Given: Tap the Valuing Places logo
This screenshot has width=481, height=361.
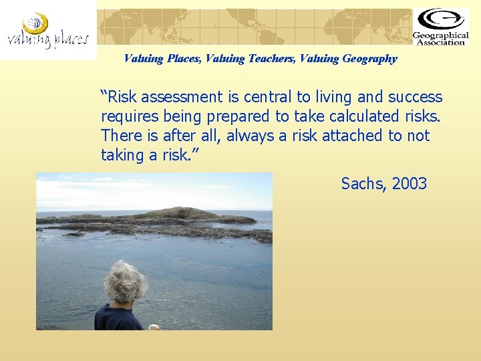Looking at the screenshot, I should [47, 31].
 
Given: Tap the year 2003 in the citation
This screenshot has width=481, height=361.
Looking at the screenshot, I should [409, 184].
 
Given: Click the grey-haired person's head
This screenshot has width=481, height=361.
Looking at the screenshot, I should [126, 282].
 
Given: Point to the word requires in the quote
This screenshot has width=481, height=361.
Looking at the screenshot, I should [131, 117].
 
